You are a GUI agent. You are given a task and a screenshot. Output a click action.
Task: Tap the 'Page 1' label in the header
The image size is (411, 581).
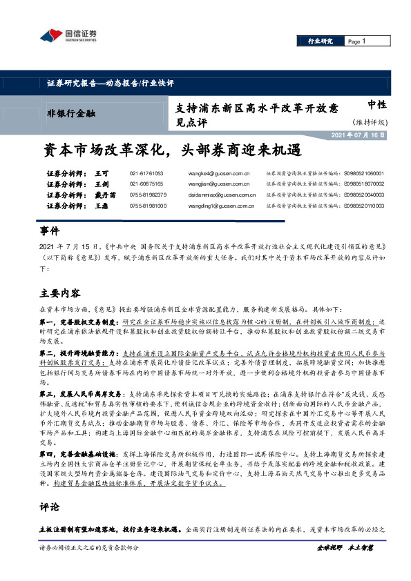click(356, 41)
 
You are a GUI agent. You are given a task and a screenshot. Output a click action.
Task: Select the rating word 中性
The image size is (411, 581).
click(376, 104)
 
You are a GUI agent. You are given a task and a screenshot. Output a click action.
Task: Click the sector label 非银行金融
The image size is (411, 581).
click(71, 112)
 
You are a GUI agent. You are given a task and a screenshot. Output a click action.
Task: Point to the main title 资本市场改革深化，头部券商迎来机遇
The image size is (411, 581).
click(174, 150)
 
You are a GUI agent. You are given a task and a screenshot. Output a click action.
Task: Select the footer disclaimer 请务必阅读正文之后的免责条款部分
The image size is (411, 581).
click(90, 567)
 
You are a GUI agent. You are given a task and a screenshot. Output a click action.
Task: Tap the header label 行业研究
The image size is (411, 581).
click(320, 41)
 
